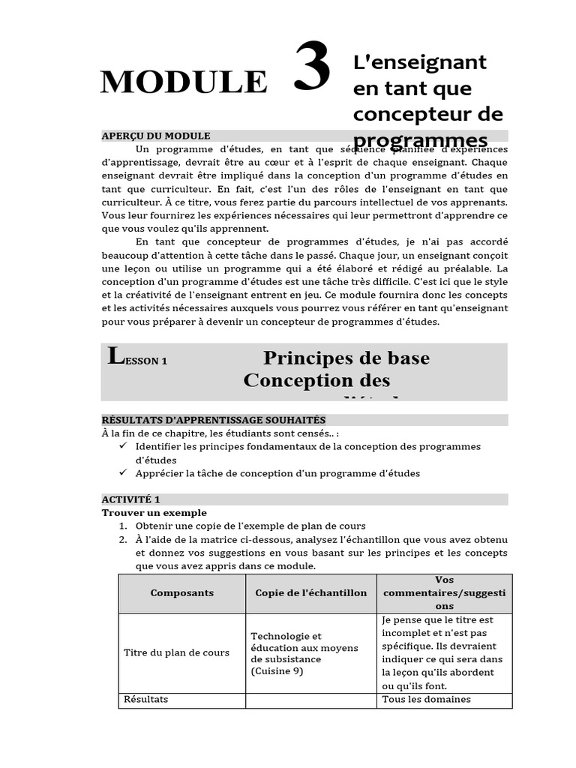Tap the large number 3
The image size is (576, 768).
click(x=312, y=67)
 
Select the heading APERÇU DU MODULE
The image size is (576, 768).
click(x=156, y=136)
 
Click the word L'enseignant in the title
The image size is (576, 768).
click(x=419, y=62)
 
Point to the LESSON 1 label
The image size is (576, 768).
click(x=138, y=358)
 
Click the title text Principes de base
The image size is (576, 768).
click(x=346, y=358)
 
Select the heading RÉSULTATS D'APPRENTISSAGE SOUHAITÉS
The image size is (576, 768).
click(x=214, y=420)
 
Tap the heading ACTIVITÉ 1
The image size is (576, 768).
click(x=131, y=499)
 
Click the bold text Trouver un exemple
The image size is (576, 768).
click(x=154, y=513)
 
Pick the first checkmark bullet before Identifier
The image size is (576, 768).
click(x=124, y=446)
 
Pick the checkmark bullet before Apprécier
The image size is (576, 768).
click(x=124, y=473)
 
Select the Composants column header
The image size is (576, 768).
click(x=181, y=593)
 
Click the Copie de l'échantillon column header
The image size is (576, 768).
click(x=310, y=593)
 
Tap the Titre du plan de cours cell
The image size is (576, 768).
click(x=176, y=652)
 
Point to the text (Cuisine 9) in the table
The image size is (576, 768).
click(x=277, y=671)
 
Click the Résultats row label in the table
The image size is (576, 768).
click(x=145, y=700)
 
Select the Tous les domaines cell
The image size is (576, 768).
click(x=426, y=700)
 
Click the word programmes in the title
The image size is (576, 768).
click(x=420, y=141)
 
